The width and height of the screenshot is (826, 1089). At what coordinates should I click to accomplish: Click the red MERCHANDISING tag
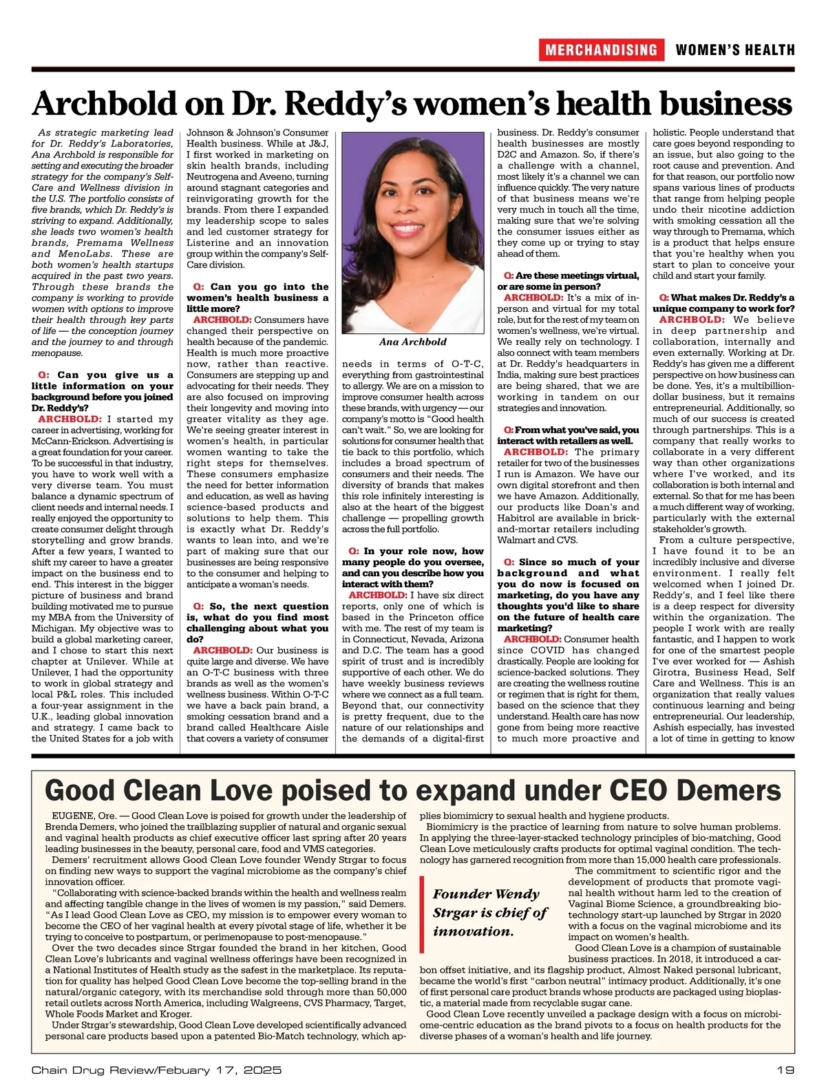click(601, 50)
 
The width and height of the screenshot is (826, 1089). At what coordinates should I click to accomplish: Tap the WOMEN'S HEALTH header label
click(734, 50)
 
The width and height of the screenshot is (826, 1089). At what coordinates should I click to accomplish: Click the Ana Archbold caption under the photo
click(412, 342)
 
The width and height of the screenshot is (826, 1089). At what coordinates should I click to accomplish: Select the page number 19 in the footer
click(785, 1070)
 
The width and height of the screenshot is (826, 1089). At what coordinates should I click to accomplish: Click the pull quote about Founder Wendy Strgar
click(489, 913)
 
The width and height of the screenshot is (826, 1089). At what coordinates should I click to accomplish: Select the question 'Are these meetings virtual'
click(568, 281)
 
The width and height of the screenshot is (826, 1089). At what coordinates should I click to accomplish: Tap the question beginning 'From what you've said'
click(568, 435)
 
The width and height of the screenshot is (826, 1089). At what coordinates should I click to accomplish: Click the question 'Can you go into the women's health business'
click(257, 297)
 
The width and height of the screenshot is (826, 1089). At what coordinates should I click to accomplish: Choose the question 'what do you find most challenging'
click(257, 622)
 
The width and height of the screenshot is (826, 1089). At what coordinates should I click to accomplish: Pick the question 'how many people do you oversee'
click(412, 567)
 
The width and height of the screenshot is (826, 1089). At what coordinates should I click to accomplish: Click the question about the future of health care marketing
click(568, 595)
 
